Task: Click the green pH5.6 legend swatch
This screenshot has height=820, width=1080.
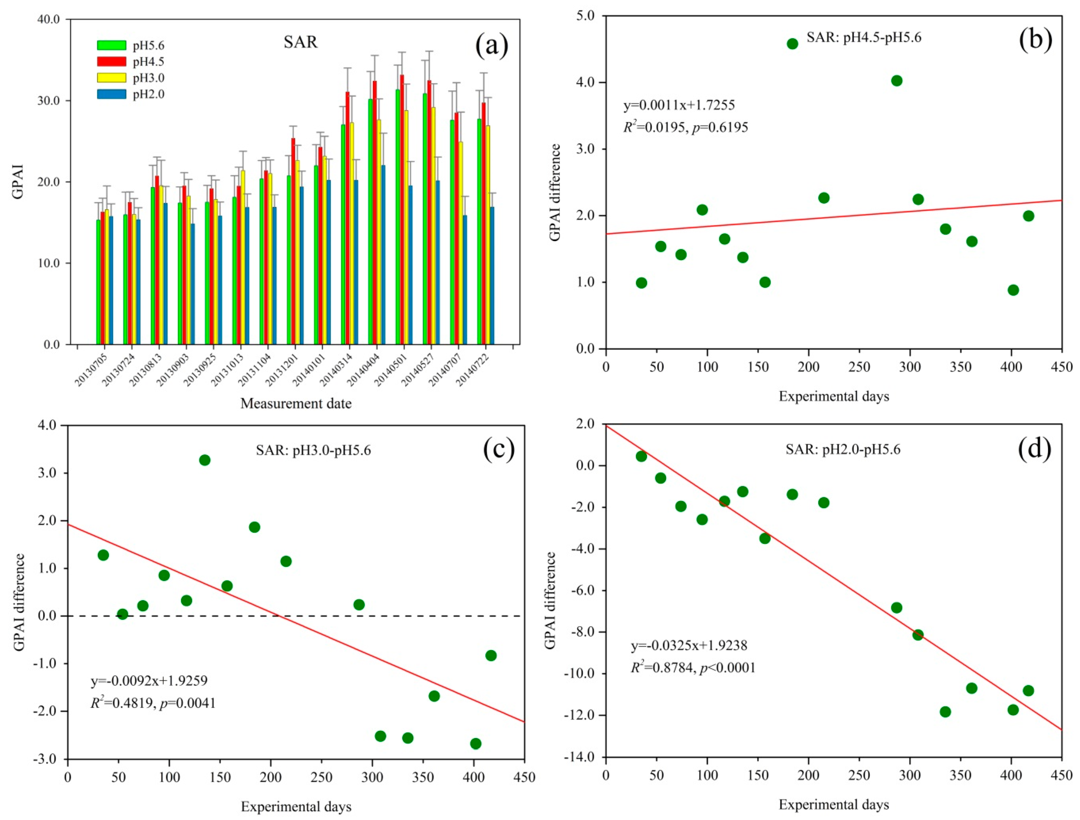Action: [111, 45]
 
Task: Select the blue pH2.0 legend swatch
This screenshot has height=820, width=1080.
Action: [111, 94]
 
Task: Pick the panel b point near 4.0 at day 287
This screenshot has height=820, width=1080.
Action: [896, 80]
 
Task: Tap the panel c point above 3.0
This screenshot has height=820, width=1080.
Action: [205, 460]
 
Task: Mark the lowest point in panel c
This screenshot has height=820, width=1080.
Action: [475, 743]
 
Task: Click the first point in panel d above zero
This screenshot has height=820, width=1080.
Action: [642, 456]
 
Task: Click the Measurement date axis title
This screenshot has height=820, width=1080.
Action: [296, 403]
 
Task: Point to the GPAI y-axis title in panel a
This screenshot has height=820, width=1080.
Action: [18, 182]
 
